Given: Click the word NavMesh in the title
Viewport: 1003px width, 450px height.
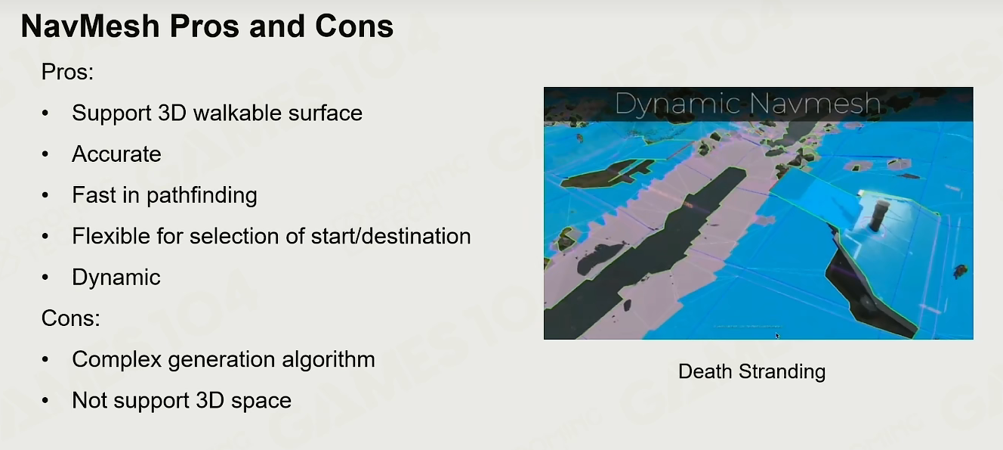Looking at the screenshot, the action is point(90,26).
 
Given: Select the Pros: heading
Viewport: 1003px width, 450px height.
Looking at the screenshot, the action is point(67,72).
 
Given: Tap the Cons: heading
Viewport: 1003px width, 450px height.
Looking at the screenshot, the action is point(70,318).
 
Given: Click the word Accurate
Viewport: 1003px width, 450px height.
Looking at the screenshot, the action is point(116,154).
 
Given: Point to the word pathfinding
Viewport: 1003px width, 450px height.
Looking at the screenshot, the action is point(202,195).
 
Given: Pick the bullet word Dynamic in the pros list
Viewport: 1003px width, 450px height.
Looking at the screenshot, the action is point(116,278).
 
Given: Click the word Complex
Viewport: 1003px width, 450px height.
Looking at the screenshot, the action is point(116,359).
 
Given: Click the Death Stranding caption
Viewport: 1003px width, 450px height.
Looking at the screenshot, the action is point(751,372).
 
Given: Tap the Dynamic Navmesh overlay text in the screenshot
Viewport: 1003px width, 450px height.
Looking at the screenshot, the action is point(748,104).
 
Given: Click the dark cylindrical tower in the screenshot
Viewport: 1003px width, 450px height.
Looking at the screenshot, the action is point(879,216).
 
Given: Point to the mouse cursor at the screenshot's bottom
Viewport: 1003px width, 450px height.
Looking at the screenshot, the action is point(778,336).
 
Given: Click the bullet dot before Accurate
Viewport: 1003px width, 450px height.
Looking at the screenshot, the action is point(45,154).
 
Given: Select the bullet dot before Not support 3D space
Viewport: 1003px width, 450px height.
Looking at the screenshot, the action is point(45,400).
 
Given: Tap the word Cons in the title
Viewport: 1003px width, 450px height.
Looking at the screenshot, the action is point(353,26).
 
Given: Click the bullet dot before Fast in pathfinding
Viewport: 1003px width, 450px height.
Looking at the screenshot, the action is point(45,195).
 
